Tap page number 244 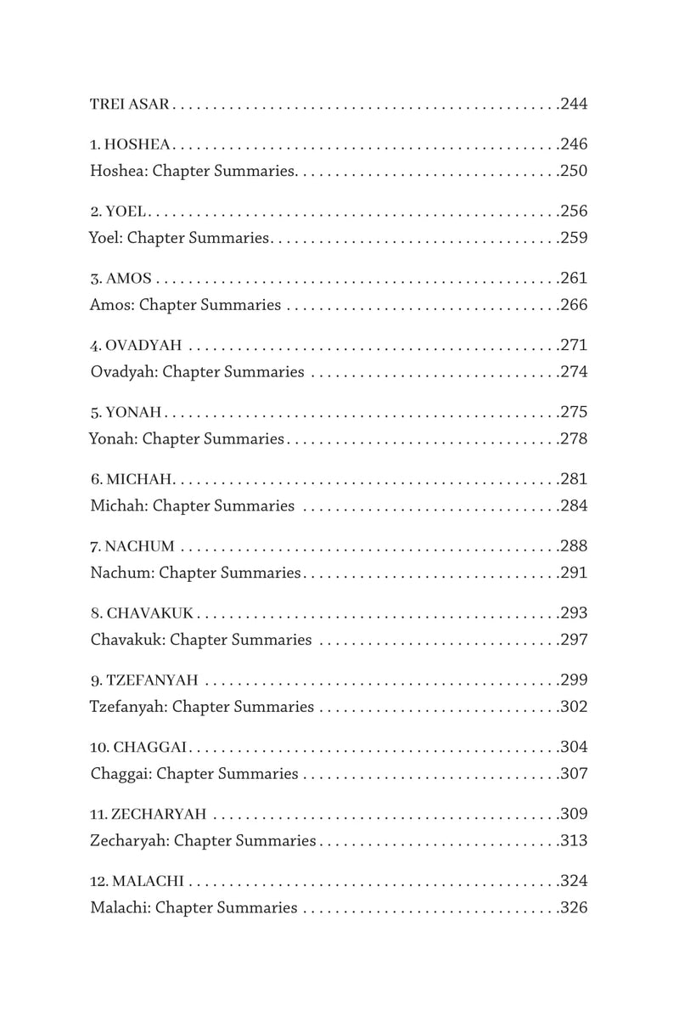click(575, 105)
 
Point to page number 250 click(575, 171)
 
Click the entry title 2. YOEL click(118, 211)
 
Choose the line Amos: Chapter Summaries click(185, 305)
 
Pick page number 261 click(575, 278)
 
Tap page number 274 click(575, 372)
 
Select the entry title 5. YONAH click(125, 413)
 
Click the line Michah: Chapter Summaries click(192, 506)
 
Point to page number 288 click(575, 546)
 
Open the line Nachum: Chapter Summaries click(195, 573)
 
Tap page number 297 click(575, 641)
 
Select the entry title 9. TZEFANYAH click(143, 681)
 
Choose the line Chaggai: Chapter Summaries click(194, 774)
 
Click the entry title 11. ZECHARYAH click(148, 815)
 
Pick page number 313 click(575, 841)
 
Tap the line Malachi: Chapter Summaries click(194, 908)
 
